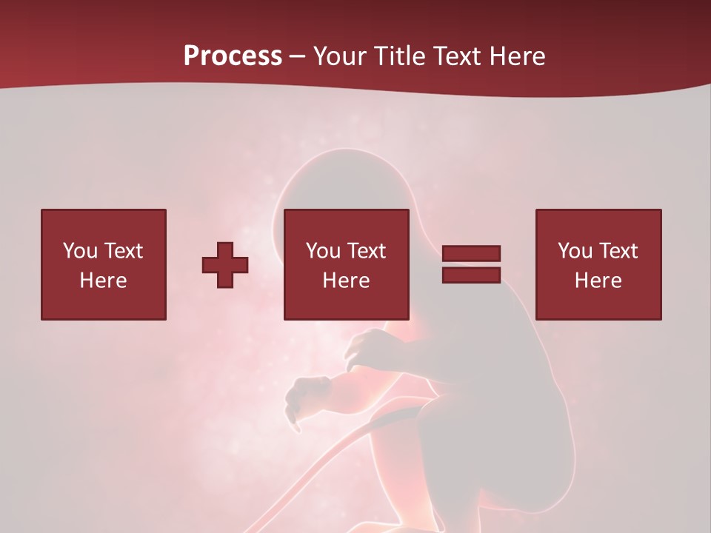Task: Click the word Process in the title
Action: point(233,56)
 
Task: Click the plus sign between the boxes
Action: point(225,265)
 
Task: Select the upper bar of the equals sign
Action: point(471,253)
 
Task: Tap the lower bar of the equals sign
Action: point(471,275)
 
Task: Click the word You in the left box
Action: point(80,251)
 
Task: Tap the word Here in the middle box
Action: point(346,281)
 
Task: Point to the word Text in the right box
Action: point(618,251)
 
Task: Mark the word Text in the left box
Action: point(123,251)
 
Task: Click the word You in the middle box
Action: point(323,251)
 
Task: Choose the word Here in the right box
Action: point(598,281)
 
